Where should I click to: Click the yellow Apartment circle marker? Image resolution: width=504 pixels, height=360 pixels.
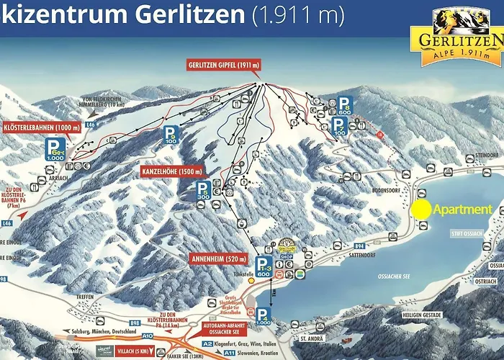[421, 209]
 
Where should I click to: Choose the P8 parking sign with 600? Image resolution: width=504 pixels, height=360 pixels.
[344, 106]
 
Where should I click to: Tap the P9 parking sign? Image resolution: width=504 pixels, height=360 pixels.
[170, 135]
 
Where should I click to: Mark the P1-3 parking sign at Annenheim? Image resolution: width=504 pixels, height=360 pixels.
[263, 266]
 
